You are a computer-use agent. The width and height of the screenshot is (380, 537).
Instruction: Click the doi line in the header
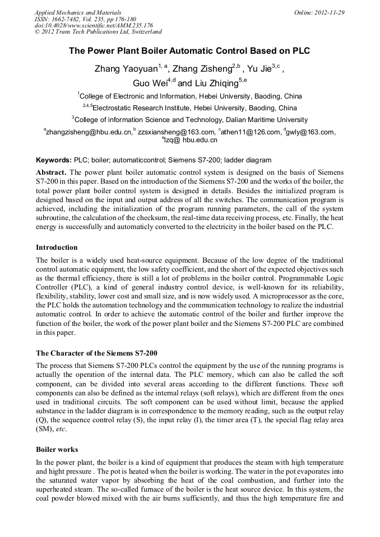point(94,26)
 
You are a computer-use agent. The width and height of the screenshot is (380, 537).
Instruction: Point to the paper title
point(189,50)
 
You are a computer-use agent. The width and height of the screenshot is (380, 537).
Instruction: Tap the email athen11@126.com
point(251,132)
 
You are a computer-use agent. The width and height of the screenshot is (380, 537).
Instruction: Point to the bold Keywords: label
point(54,160)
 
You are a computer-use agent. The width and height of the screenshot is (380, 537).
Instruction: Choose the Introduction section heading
point(57,248)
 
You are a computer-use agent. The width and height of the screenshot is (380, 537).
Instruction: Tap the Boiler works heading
point(57,450)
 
